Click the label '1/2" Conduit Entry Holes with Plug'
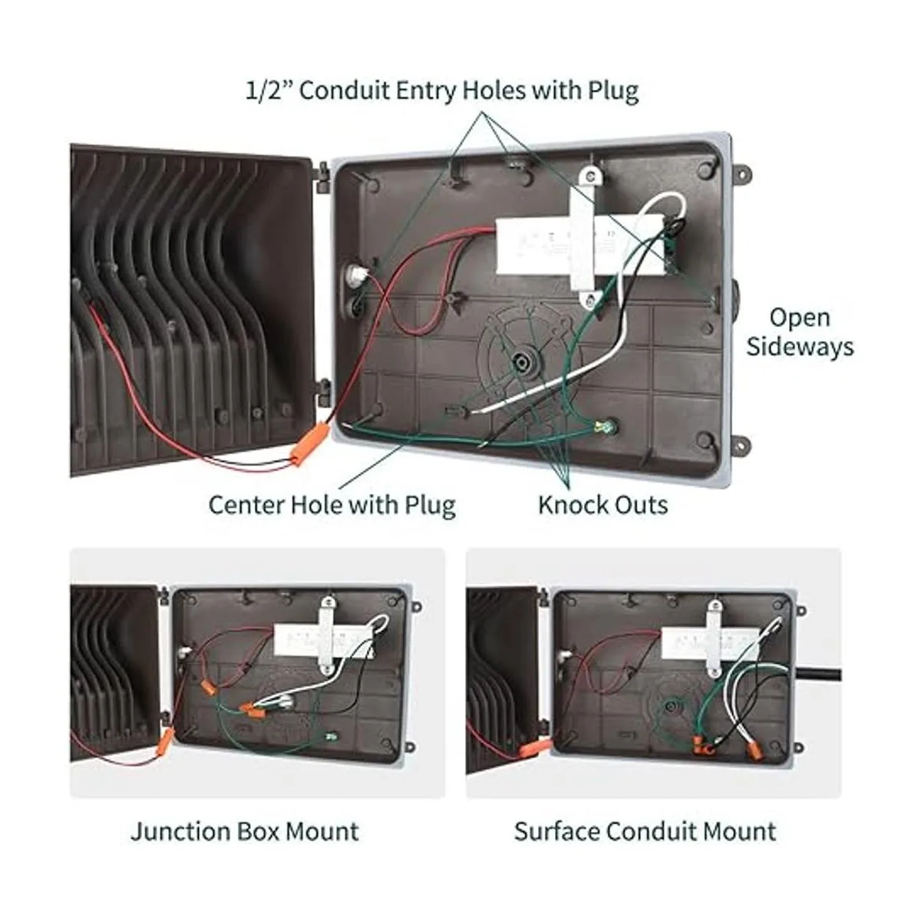tap(441, 91)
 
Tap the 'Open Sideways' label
tap(800, 332)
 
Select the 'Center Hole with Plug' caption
tap(332, 505)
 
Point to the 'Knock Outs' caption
tap(602, 505)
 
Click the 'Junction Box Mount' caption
tap(245, 831)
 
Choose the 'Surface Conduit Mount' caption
tap(645, 831)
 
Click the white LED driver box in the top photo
tap(537, 244)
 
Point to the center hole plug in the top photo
tap(525, 361)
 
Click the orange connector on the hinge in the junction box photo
tap(165, 740)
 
